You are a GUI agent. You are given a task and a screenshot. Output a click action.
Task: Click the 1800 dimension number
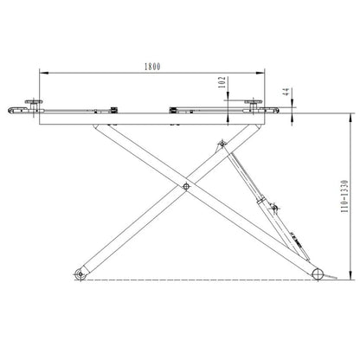click(x=149, y=65)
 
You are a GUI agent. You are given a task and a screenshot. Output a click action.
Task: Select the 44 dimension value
click(x=286, y=91)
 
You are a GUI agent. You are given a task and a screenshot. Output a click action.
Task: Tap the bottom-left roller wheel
click(x=80, y=274)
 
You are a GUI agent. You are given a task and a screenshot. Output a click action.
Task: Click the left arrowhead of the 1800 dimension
click(x=40, y=73)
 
